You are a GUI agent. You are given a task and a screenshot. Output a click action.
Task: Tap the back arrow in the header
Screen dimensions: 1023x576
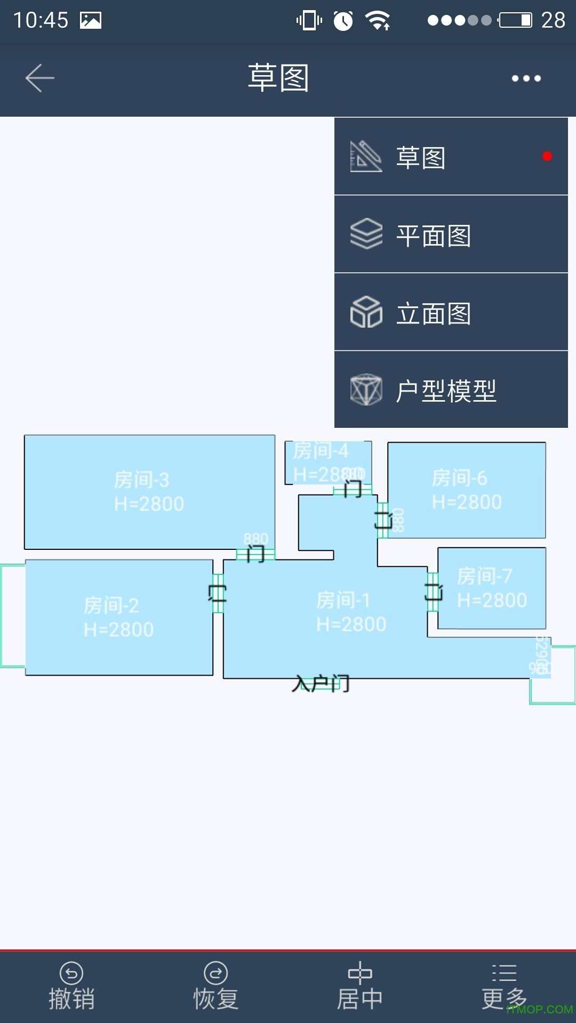[40, 78]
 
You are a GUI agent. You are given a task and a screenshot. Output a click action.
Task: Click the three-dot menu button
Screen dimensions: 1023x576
[526, 78]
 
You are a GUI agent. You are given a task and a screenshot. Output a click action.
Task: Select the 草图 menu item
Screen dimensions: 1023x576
[451, 157]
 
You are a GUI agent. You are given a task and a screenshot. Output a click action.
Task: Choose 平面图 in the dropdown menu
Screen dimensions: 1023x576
[451, 235]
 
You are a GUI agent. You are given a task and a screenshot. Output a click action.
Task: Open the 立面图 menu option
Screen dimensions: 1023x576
[451, 313]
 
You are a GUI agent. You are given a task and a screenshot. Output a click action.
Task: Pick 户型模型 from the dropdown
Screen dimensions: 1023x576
[451, 391]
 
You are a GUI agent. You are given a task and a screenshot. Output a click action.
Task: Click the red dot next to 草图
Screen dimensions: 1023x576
[547, 156]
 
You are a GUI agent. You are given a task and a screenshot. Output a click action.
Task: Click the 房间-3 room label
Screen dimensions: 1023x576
[142, 480]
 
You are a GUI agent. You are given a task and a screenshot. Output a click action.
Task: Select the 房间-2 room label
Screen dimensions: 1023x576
[111, 606]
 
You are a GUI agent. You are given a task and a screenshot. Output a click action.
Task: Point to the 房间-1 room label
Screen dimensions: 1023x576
[343, 600]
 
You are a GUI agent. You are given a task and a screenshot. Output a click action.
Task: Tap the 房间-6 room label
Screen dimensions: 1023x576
[460, 478]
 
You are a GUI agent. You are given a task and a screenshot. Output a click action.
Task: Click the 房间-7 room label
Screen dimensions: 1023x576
[485, 577]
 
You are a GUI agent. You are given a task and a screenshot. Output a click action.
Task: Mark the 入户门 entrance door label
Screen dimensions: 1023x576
[321, 684]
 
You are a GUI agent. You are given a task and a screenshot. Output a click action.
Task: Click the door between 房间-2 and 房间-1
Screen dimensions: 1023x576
[218, 593]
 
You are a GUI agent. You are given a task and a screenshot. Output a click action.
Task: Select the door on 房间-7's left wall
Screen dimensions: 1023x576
[433, 591]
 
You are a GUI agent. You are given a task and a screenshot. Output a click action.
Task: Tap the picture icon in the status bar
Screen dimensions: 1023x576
[91, 20]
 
